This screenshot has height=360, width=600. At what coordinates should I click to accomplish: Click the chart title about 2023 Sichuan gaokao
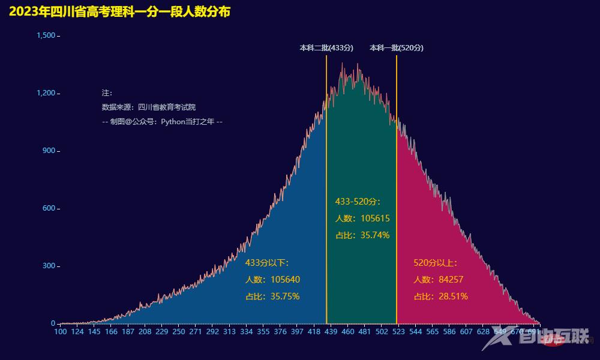pyautogui.click(x=119, y=12)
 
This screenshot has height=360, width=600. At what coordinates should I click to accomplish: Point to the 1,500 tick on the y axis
pyautogui.click(x=46, y=36)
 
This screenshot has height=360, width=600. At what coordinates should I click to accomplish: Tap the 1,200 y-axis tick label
pyautogui.click(x=46, y=93)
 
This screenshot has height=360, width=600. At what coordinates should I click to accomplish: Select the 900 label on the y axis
pyautogui.click(x=49, y=151)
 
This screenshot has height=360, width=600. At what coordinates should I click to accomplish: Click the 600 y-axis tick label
pyautogui.click(x=49, y=208)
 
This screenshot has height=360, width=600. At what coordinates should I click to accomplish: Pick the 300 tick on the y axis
pyautogui.click(x=49, y=266)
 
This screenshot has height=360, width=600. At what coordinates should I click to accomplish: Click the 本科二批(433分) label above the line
pyautogui.click(x=326, y=48)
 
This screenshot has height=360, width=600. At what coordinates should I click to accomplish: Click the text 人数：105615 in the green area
pyautogui.click(x=362, y=218)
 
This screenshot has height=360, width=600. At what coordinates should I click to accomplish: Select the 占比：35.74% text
pyautogui.click(x=362, y=235)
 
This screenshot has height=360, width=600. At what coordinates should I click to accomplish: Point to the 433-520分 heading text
pyautogui.click(x=358, y=202)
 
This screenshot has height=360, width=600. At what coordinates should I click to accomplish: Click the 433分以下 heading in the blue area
pyautogui.click(x=268, y=263)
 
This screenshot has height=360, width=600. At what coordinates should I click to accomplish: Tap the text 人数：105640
pyautogui.click(x=272, y=280)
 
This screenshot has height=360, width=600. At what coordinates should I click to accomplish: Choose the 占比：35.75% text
pyautogui.click(x=272, y=296)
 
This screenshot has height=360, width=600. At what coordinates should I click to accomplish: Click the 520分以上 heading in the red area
pyautogui.click(x=436, y=263)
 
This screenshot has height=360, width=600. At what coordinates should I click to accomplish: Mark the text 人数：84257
pyautogui.click(x=439, y=280)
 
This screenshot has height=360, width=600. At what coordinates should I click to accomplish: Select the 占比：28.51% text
pyautogui.click(x=441, y=296)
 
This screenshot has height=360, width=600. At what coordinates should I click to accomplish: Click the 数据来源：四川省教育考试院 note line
pyautogui.click(x=149, y=107)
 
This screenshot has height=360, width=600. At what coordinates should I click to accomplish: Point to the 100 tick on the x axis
pyautogui.click(x=61, y=331)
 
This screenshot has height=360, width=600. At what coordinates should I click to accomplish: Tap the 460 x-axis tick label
pyautogui.click(x=348, y=331)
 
